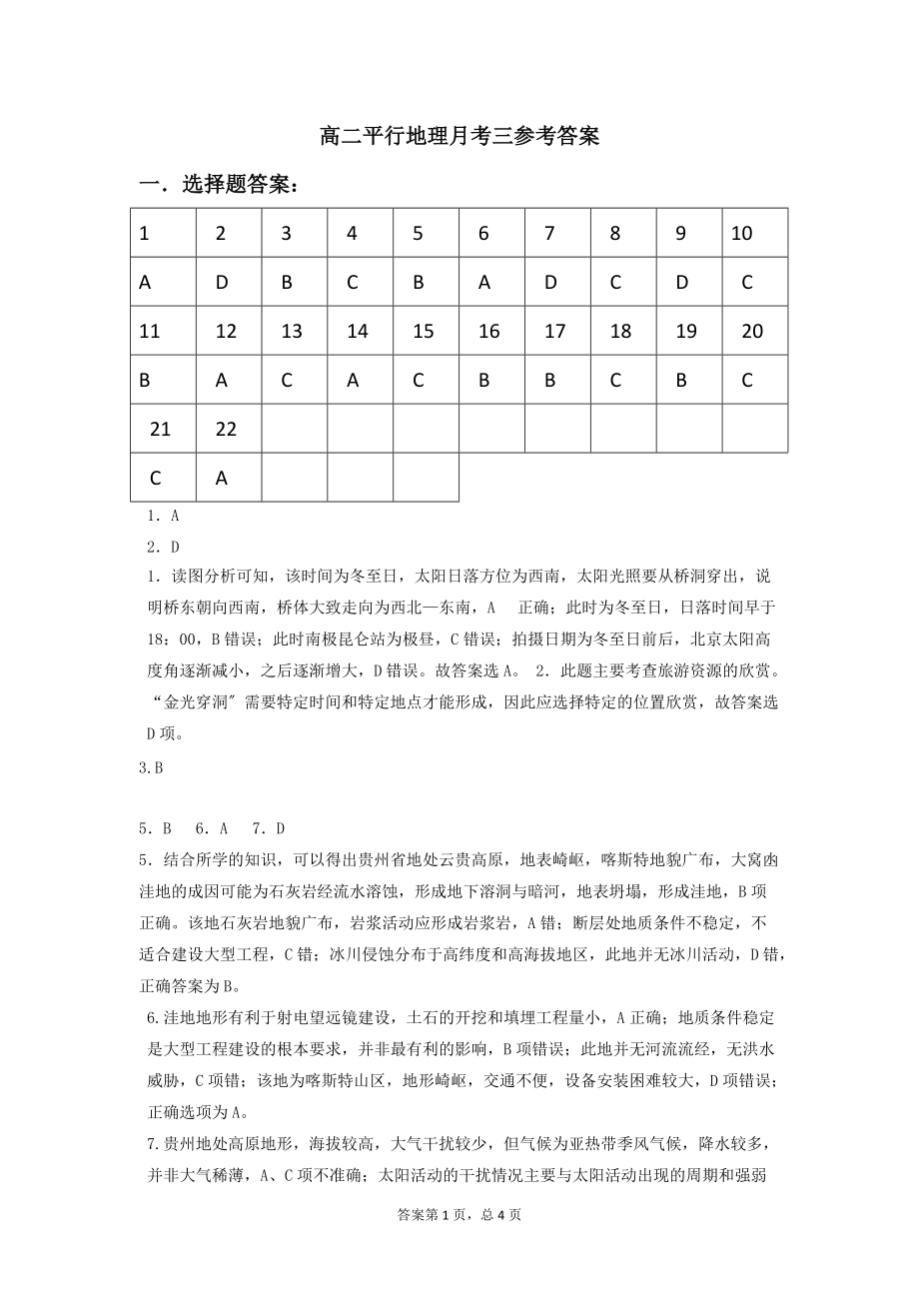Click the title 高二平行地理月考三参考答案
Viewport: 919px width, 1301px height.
pos(459,136)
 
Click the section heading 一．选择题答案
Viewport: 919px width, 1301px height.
pos(219,185)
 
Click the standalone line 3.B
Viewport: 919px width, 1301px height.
pos(151,768)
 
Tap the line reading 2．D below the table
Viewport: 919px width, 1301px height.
pos(163,547)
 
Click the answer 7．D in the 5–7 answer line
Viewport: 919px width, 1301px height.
pos(269,828)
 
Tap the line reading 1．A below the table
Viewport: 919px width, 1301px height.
pos(163,517)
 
